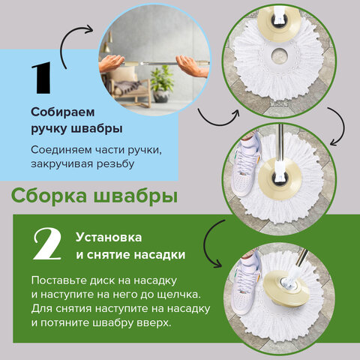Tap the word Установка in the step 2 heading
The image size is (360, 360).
click(x=106, y=237)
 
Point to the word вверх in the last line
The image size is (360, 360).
click(x=153, y=324)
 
